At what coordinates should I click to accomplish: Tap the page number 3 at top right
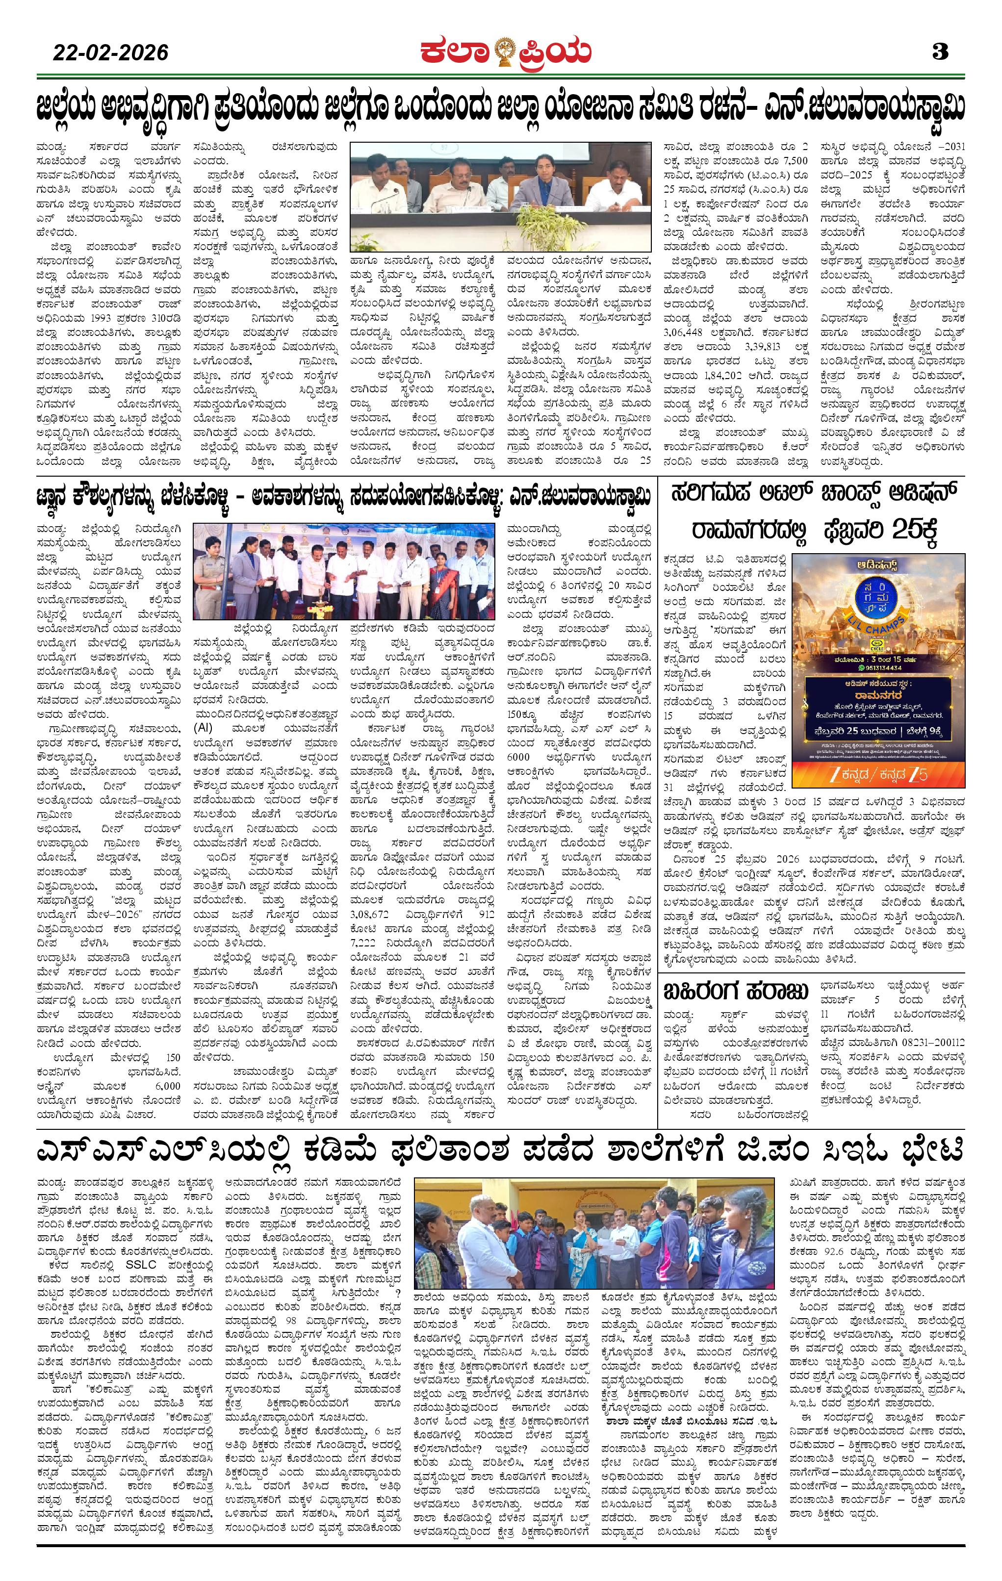click(x=940, y=52)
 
